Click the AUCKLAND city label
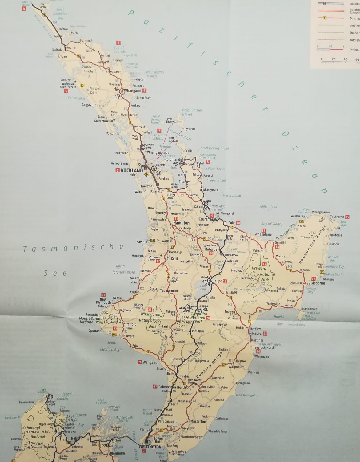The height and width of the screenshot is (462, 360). click(132, 170)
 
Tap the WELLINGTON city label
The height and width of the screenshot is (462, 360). click(150, 447)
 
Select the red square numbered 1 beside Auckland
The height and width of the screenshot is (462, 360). click(117, 170)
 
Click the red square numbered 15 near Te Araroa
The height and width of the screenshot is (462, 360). click(347, 217)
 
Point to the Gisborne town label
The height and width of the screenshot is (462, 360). click(318, 283)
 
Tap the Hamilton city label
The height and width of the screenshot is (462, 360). click(181, 223)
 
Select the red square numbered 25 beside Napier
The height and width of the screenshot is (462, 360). click(265, 334)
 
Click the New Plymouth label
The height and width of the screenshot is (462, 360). click(103, 301)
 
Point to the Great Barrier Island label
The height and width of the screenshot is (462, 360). click(192, 112)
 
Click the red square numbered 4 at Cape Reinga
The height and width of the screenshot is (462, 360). click(24, 8)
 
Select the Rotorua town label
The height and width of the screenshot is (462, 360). click(211, 249)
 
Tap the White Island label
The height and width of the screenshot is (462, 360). click(268, 207)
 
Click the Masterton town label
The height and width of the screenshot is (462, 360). click(198, 421)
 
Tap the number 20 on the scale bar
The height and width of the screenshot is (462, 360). click(334, 59)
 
